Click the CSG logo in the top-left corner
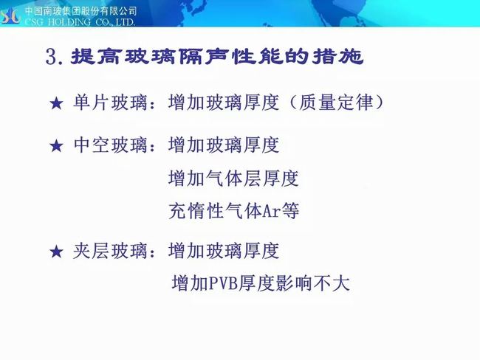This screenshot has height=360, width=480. [x=11, y=16]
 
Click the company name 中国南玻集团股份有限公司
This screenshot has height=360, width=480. [x=80, y=11]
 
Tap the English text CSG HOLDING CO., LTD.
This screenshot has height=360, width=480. [x=80, y=22]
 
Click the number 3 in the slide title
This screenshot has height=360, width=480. [x=51, y=57]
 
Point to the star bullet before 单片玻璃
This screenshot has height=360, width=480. [x=56, y=103]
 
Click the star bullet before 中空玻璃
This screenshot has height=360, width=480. [x=56, y=145]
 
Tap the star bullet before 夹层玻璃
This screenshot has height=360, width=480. [x=56, y=252]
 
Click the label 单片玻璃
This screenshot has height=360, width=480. [x=110, y=102]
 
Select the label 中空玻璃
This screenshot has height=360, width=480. [x=110, y=145]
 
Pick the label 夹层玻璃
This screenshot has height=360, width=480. [x=110, y=251]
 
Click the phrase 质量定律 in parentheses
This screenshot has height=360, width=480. [x=336, y=102]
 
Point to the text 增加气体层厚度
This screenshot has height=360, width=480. [x=233, y=179]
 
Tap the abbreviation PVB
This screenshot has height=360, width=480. [x=223, y=283]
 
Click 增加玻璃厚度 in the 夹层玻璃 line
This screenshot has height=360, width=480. [x=224, y=251]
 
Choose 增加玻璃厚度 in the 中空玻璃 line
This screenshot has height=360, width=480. [x=224, y=145]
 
